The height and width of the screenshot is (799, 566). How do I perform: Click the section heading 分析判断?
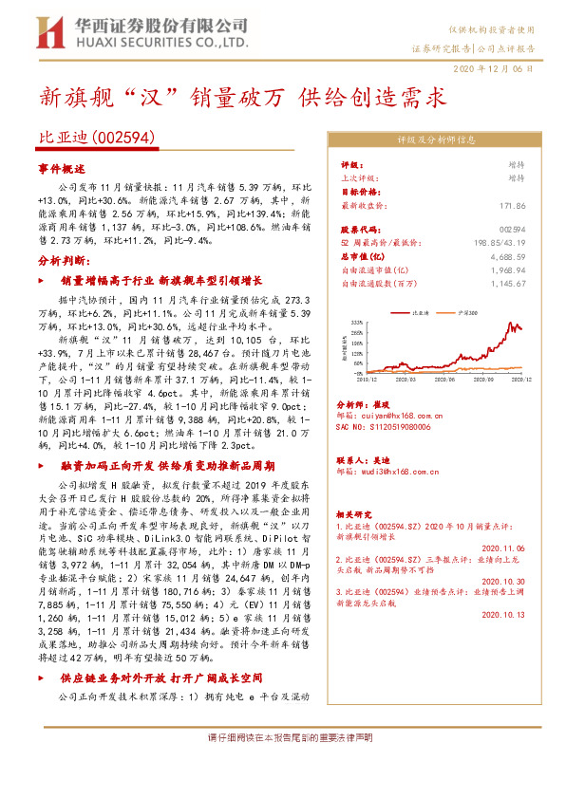pos(64,260)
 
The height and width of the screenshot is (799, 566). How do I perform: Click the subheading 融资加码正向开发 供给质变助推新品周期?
pos(167,467)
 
